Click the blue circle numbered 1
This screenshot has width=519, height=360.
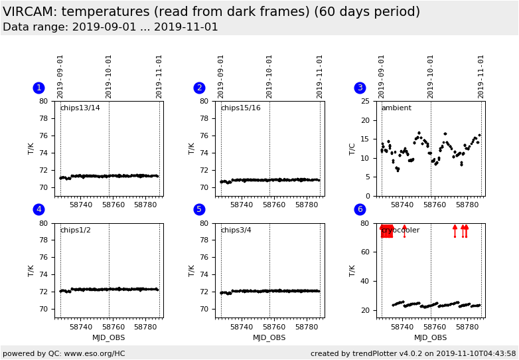coord(38,88)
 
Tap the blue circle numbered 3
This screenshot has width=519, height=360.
coord(360,88)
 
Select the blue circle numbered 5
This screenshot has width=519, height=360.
coord(199,210)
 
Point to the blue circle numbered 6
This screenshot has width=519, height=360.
coord(360,210)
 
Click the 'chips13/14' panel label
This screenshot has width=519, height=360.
coord(80,108)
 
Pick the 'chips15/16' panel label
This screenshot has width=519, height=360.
coord(240,108)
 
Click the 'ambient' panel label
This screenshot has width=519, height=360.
coord(396,108)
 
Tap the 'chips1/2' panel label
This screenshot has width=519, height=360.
coord(75,230)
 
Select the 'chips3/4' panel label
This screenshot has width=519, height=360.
coord(236,230)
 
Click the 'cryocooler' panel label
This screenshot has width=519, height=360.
coord(400,230)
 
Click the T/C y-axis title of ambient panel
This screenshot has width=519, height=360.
coord(352,149)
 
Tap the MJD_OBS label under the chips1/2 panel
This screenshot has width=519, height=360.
coord(108,337)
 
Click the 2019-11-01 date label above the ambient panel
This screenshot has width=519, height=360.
coord(481,76)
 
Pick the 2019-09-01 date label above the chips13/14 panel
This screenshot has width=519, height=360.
coord(60,76)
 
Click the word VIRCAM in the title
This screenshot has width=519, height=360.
coord(29,12)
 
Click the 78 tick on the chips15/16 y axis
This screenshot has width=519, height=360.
coord(208,118)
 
